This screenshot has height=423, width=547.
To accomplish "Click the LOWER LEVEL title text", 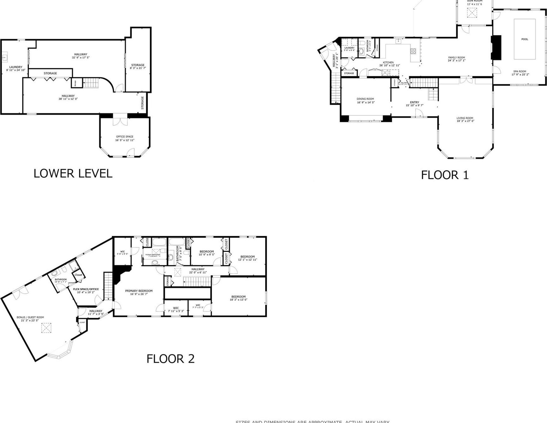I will (73, 173).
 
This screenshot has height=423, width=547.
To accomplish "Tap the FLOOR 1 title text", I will (445, 175).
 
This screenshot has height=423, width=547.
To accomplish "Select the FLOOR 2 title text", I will (170, 359).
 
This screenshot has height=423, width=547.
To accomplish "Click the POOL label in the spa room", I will (525, 39).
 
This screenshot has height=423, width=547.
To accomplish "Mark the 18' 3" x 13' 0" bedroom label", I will (238, 298).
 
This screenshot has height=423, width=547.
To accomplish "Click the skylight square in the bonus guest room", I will (46, 328).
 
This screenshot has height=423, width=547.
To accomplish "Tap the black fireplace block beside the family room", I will (496, 47).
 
